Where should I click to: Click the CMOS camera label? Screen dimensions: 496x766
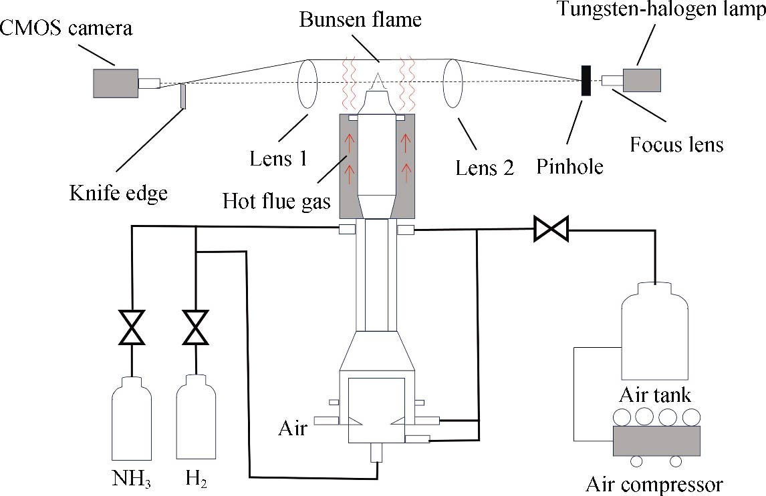66,29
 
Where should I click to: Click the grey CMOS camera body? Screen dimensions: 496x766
116,83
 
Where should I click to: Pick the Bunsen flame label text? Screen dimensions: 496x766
360,19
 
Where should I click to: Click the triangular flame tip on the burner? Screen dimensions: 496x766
378,83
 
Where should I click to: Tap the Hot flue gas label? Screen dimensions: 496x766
278,200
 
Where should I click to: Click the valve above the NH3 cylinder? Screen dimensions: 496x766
132,327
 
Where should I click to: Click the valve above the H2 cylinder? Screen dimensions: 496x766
196,327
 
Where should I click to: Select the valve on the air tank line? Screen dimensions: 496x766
551,230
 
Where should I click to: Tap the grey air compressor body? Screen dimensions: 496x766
656,441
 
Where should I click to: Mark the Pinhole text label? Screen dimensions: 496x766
569,166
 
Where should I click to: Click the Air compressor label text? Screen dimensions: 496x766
654,483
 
